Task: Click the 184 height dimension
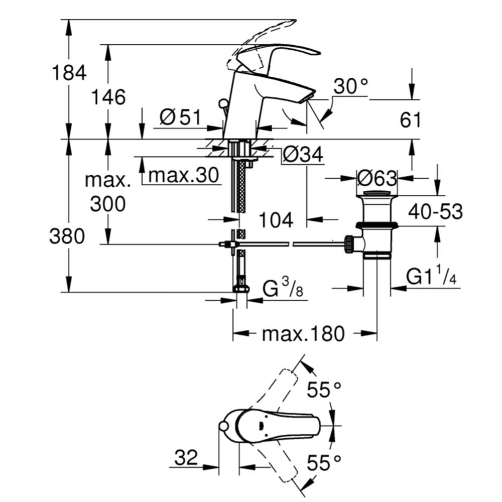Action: (x=69, y=73)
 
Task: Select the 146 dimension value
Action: (x=108, y=97)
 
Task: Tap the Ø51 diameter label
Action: (x=180, y=117)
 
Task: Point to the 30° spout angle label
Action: (x=350, y=86)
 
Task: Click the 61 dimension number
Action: (x=410, y=120)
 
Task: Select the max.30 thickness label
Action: (x=183, y=175)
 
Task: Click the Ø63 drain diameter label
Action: (x=377, y=178)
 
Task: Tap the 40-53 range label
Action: (x=435, y=212)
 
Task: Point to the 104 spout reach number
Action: (x=276, y=220)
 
